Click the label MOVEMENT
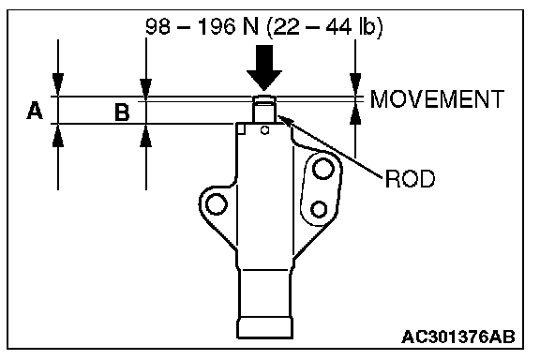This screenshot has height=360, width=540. pos(437,99)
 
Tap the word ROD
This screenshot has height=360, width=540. pos(410,179)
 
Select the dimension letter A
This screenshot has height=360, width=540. pos(35,111)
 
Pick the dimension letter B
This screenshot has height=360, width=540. pos(122,112)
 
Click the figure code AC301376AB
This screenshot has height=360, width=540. pos(458,337)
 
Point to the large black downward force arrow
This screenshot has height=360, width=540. pos(264,67)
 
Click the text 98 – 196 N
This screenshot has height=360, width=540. pos(202,27)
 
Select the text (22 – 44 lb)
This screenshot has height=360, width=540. pos(324,27)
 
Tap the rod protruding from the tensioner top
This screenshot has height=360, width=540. pos(264,109)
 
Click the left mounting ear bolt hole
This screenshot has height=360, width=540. pos(216,203)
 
